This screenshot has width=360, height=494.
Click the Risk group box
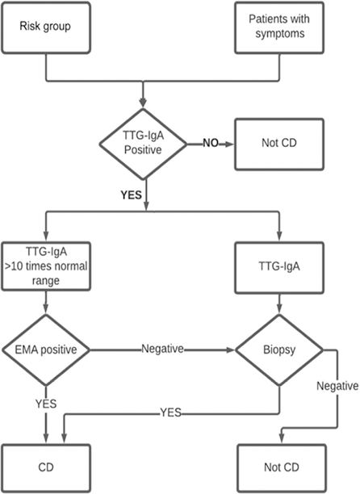[46, 27]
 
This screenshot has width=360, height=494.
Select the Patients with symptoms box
[279, 27]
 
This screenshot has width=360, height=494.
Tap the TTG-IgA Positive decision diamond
[144, 144]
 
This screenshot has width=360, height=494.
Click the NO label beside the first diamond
[211, 144]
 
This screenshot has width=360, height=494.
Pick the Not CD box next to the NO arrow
[279, 144]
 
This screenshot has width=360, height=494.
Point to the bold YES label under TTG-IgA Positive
[131, 195]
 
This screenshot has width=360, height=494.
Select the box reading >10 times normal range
[46, 266]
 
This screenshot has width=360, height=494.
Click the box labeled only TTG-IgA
[279, 268]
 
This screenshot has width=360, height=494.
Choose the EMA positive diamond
[46, 350]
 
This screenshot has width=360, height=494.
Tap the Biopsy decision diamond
[279, 350]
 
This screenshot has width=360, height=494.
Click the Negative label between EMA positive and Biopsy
[162, 349]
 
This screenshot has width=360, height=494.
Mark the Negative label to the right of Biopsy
[337, 386]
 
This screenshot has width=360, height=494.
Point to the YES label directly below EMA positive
[46, 404]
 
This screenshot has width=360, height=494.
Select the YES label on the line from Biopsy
[170, 412]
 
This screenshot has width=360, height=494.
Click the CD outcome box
[46, 468]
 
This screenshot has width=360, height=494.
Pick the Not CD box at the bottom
[282, 468]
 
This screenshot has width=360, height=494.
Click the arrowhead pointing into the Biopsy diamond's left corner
[231, 350]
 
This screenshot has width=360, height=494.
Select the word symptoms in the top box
[280, 34]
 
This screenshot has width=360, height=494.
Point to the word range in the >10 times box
[46, 281]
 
